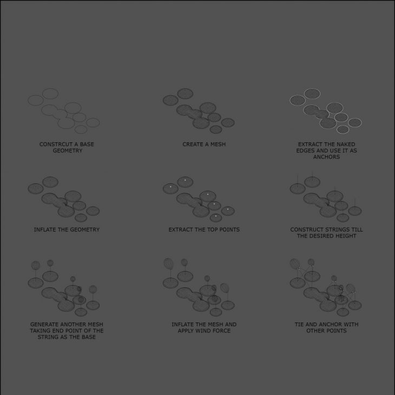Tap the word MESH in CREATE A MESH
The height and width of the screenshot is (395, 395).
tap(218, 144)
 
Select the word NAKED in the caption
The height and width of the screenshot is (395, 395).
tap(346, 144)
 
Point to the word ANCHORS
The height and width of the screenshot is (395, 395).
tap(326, 157)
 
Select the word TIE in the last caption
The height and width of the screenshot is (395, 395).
tap(299, 325)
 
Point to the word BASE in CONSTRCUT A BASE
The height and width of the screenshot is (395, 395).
tap(87, 144)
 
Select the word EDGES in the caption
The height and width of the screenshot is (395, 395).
tap(305, 150)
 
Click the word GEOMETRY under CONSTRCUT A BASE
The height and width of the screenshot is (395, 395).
tap(68, 150)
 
